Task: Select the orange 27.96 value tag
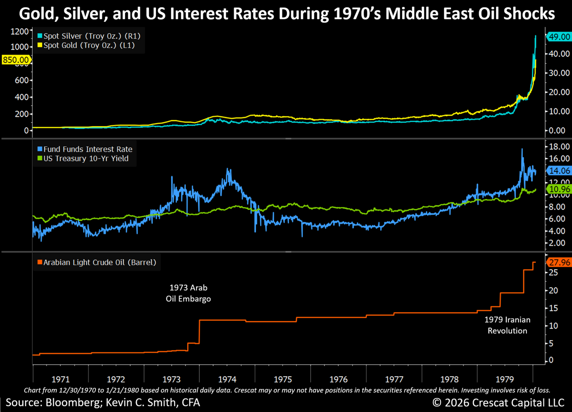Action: coord(559,263)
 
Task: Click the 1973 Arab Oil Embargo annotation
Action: coord(188,293)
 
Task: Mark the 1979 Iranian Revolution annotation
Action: coord(507,325)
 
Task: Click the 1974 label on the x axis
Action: coord(227,379)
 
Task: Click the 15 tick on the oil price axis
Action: coord(554,308)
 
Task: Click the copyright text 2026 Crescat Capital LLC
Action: coord(500,402)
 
